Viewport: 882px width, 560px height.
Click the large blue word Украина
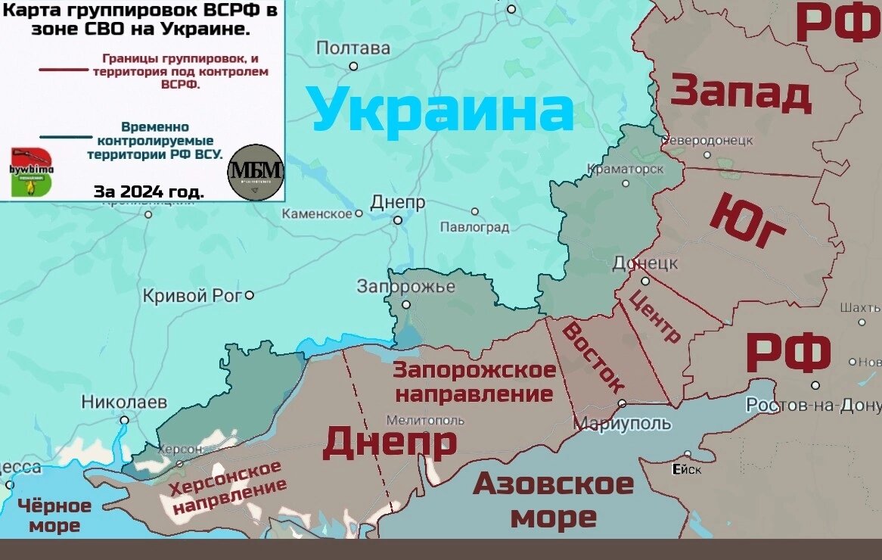pos(442,110)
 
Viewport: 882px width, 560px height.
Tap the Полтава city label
pos(353,49)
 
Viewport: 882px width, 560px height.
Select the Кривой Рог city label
pos(192,296)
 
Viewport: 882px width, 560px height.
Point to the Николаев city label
pos(124,403)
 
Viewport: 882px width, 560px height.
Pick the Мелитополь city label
pos(425,420)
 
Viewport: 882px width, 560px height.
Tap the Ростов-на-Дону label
pos(813,406)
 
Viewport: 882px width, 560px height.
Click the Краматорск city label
pos(626,169)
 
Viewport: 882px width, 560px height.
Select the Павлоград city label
pos(475,227)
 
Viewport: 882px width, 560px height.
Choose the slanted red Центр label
pos(655,318)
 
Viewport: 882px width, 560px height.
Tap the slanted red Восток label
pos(593,356)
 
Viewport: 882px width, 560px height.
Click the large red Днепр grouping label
pos(390,443)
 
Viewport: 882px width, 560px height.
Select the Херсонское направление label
pos(228,488)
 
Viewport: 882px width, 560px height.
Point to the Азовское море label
pos(553,500)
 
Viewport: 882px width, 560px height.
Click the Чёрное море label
pos(54,515)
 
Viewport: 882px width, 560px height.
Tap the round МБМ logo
pos(256,172)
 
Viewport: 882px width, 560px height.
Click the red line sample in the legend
pos(64,70)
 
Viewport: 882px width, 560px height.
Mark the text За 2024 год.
pos(148,191)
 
